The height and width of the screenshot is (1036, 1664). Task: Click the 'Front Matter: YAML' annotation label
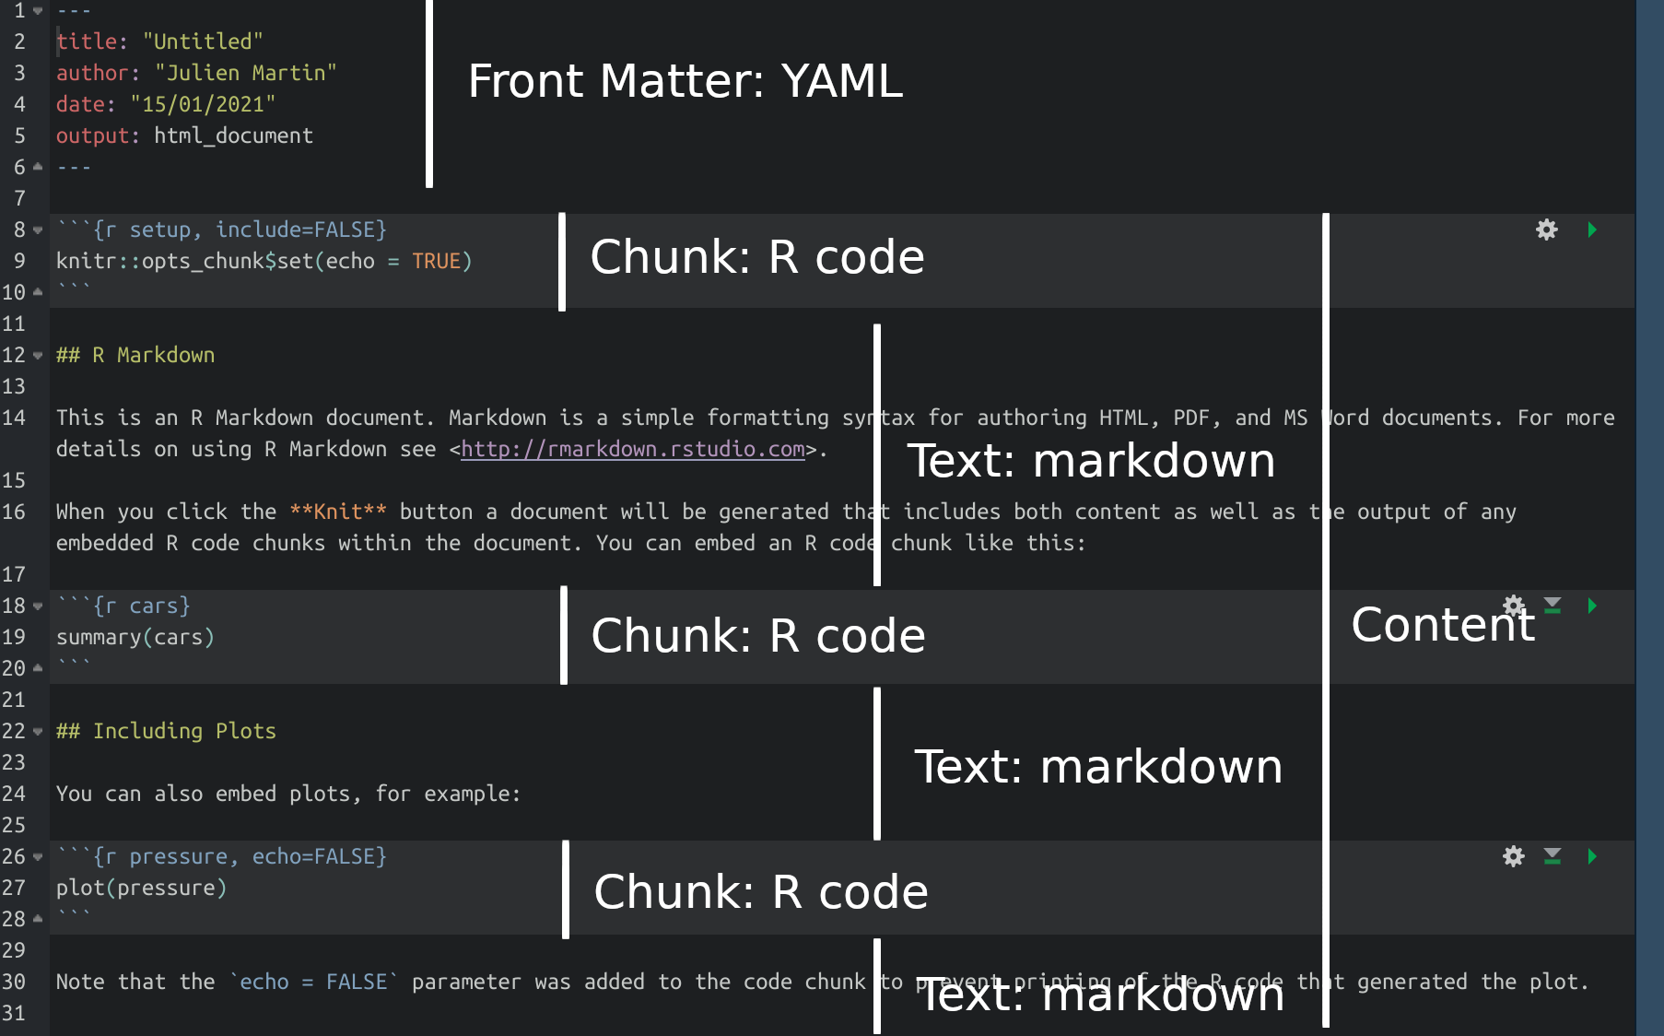(x=685, y=81)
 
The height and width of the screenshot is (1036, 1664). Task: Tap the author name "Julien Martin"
(x=245, y=73)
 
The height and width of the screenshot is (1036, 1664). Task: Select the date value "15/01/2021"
(x=203, y=104)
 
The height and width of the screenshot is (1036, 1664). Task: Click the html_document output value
(x=233, y=135)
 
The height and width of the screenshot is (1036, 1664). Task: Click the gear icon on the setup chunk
(x=1546, y=230)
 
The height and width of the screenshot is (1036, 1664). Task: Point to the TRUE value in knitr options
(x=436, y=261)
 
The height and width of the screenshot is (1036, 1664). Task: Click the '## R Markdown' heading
(x=135, y=355)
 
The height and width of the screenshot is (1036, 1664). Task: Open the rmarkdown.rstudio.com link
(x=632, y=449)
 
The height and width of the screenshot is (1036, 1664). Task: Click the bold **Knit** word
(x=338, y=512)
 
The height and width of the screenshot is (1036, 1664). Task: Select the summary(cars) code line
(x=135, y=637)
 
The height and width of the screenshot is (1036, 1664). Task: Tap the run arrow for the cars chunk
(x=1592, y=606)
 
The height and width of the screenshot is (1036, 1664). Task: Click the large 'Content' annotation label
(x=1442, y=625)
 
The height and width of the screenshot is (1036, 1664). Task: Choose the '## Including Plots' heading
(x=166, y=731)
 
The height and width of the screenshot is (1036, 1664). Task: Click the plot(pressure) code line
(x=141, y=888)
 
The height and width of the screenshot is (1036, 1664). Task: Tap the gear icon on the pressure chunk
(x=1513, y=856)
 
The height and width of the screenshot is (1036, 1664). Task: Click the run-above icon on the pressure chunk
(x=1553, y=856)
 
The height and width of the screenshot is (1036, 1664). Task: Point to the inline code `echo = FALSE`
(x=313, y=982)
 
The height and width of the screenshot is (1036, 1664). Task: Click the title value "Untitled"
(x=203, y=41)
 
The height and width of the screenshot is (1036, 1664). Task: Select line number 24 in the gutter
(x=14, y=794)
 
